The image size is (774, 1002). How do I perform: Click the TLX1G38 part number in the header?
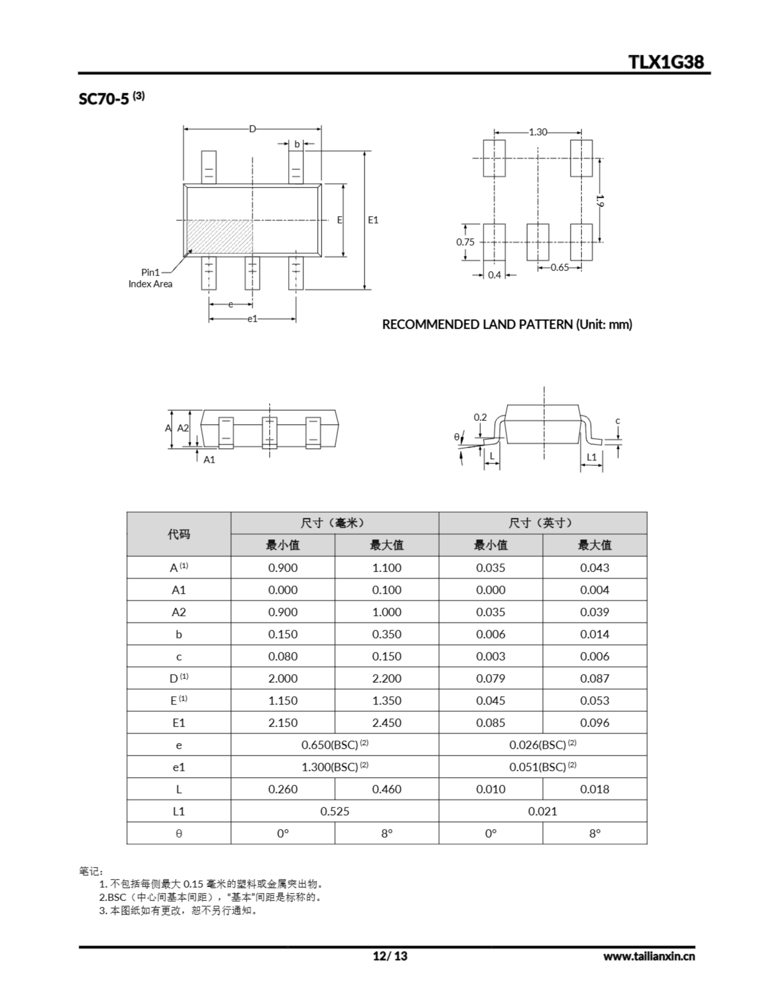point(666,62)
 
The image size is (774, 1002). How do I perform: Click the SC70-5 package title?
point(104,99)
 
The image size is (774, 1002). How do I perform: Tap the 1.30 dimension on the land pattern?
point(538,132)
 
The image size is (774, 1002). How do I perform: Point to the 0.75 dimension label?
point(465,242)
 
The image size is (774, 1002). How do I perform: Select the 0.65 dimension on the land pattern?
point(559,267)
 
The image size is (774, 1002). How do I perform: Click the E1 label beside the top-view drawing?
point(373,220)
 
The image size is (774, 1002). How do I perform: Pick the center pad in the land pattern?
point(538,242)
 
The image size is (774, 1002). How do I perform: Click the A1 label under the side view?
point(209,460)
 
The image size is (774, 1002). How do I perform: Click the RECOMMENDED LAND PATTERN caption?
point(507,324)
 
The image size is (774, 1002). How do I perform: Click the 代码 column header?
point(178,534)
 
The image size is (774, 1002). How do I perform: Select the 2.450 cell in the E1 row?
point(386,723)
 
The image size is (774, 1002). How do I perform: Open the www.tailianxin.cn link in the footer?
point(649,956)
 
